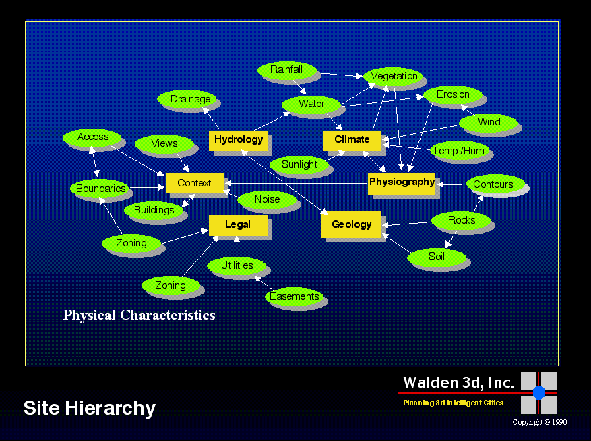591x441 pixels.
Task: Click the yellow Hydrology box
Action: pyautogui.click(x=238, y=140)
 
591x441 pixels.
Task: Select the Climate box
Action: pyautogui.click(x=352, y=140)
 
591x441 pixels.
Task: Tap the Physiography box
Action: pyautogui.click(x=402, y=182)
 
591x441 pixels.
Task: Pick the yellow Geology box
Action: pyautogui.click(x=351, y=224)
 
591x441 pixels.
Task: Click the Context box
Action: pyautogui.click(x=194, y=183)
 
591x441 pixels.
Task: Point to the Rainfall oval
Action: pyautogui.click(x=286, y=70)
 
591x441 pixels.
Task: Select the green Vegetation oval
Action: pyautogui.click(x=394, y=77)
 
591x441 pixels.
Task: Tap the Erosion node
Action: pyautogui.click(x=452, y=94)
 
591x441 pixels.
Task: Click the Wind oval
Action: pyautogui.click(x=489, y=123)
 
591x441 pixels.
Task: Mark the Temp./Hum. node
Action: pyautogui.click(x=459, y=151)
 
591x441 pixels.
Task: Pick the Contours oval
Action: pyautogui.click(x=493, y=184)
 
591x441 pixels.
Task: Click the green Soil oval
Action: pyautogui.click(x=437, y=257)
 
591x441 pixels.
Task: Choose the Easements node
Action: pyautogui.click(x=294, y=297)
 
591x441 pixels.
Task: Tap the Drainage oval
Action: pyautogui.click(x=190, y=100)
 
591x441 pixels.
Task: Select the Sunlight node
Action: pyautogui.click(x=299, y=164)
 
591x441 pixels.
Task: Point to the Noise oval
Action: pyautogui.click(x=267, y=199)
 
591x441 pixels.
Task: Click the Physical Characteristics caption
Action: pyautogui.click(x=139, y=315)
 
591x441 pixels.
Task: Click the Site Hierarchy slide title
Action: pyautogui.click(x=90, y=408)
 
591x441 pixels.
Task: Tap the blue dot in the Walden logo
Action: pyautogui.click(x=538, y=393)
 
